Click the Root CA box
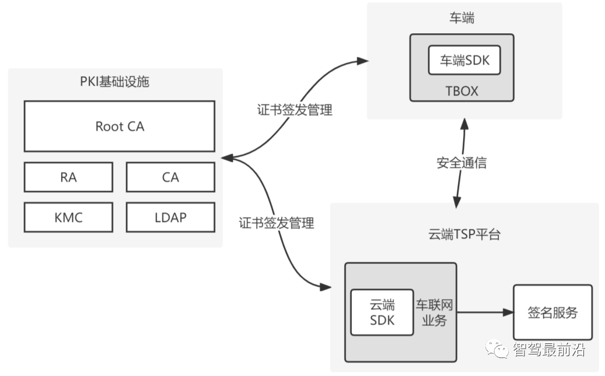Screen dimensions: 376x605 (x=119, y=126)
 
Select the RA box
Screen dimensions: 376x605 (x=68, y=177)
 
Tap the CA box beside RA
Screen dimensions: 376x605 (x=170, y=177)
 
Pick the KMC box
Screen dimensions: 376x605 (x=68, y=217)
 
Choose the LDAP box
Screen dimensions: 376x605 (x=170, y=217)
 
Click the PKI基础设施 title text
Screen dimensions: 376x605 (x=114, y=82)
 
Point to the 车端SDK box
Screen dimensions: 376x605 (x=464, y=60)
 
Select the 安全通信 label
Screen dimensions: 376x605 (x=461, y=163)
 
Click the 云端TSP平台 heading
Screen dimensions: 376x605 (x=464, y=235)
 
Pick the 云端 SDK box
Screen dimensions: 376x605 (x=382, y=312)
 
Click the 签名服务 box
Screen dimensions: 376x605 (x=552, y=312)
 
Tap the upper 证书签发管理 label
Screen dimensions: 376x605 (x=295, y=110)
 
